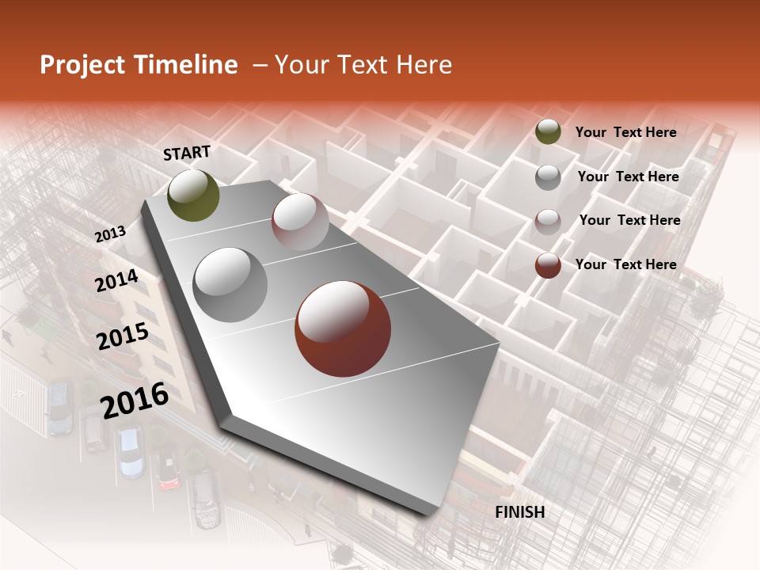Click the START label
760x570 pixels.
[187, 153]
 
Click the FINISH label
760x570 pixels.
[519, 512]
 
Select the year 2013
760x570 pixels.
[110, 234]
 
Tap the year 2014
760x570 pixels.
[116, 281]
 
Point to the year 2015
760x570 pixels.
[123, 336]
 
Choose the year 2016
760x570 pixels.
[135, 400]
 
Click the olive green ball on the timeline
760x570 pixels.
[193, 195]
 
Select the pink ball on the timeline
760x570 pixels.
[300, 222]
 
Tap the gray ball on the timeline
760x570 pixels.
[230, 284]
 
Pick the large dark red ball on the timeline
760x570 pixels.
[343, 329]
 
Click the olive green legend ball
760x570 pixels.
[548, 132]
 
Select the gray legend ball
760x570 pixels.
[548, 177]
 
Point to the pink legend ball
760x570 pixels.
[548, 222]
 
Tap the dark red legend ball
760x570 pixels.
[548, 265]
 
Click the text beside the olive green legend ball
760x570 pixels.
[625, 132]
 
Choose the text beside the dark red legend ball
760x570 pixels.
[625, 264]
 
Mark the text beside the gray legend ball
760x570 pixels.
[628, 177]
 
